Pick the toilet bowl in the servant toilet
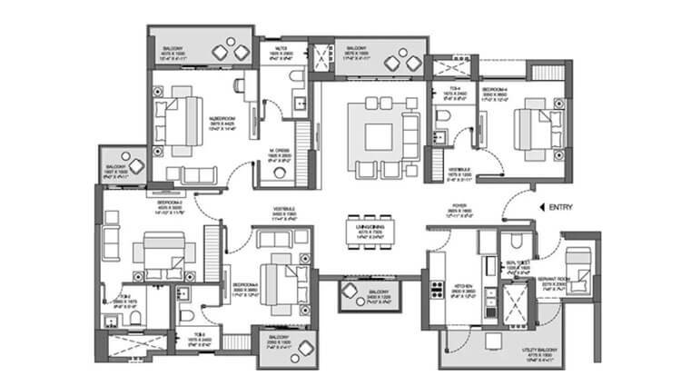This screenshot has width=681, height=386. click(513, 240)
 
